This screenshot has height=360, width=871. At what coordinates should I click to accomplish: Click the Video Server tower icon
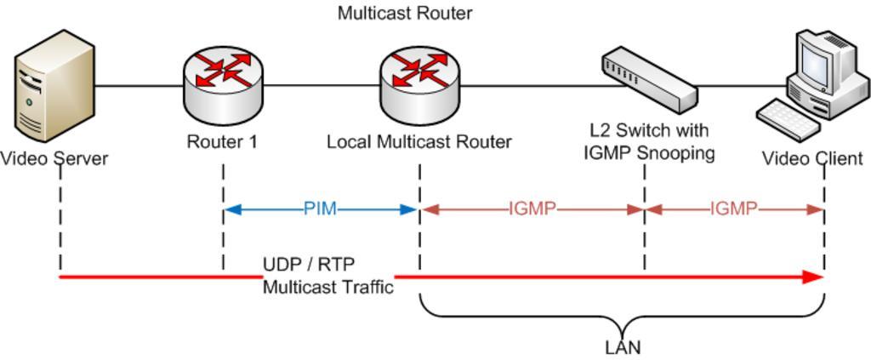tap(54, 85)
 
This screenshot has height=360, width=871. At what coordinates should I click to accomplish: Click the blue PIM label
tap(320, 209)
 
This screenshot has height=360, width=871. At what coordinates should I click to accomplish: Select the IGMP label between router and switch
tap(532, 209)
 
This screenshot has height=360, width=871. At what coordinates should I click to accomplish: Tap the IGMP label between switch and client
tap(733, 209)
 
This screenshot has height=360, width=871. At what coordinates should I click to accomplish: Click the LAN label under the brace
tap(622, 348)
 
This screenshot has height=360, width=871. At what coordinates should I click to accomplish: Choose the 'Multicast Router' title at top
tap(404, 14)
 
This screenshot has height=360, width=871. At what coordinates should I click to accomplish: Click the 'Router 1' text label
tap(222, 142)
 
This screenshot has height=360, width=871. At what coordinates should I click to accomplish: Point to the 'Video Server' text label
tap(54, 158)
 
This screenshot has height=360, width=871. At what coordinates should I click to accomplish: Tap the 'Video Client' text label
tap(811, 158)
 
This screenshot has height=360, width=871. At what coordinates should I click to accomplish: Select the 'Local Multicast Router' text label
tap(419, 142)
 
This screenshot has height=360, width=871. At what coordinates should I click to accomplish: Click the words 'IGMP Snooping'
tap(648, 153)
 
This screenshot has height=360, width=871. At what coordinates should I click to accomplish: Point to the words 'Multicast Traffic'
tap(327, 288)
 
